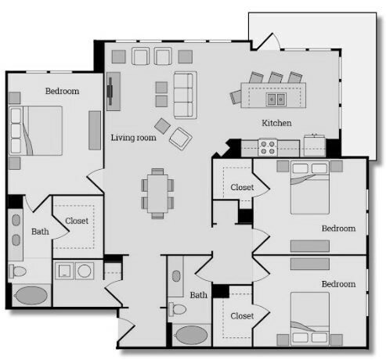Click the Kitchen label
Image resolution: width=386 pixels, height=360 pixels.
click(276, 123)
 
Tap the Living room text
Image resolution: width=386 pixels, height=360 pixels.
click(133, 138)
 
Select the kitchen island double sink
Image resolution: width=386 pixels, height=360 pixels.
click(276, 99)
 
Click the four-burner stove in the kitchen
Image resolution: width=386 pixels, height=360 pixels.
click(268, 148)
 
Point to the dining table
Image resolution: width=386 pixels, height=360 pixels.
click(157, 193)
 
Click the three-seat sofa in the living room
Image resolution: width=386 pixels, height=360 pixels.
click(186, 95)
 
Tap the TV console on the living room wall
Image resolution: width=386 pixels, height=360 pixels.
click(114, 92)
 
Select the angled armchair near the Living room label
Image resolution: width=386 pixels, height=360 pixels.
click(181, 139)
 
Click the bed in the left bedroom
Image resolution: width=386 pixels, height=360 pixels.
click(35, 131)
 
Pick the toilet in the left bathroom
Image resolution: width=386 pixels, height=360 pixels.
click(17, 272)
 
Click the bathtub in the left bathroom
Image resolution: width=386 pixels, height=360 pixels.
click(31, 296)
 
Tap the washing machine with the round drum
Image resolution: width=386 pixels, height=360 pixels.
click(85, 271)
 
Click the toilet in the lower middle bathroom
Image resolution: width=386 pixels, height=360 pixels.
click(178, 309)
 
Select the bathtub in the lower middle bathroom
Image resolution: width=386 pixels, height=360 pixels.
click(192, 335)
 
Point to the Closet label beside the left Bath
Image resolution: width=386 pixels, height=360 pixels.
click(77, 221)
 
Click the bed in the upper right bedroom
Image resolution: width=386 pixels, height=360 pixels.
click(310, 188)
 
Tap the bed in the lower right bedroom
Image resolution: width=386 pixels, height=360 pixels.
click(310, 319)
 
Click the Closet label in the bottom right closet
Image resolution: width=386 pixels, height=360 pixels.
click(242, 316)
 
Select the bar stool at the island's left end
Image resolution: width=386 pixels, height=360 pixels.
click(236, 96)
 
